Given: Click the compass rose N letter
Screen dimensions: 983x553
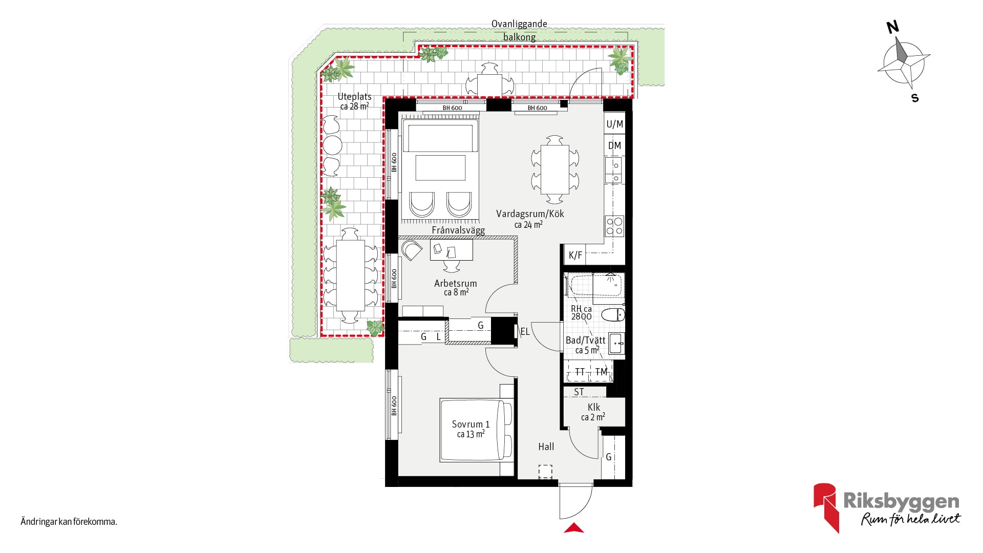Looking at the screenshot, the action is coord(893,27).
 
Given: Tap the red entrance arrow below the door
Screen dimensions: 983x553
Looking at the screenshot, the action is coord(574,528).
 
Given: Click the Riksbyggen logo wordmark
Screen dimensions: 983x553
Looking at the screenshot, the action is coord(901,501).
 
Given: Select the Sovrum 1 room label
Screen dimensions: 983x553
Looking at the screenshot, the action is coord(471,424).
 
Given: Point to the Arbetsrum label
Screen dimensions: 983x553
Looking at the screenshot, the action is coord(455,283).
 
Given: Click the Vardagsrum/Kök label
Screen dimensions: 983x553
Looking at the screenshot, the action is coord(530,214).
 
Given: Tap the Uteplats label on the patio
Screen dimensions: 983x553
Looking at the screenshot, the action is coord(354,97).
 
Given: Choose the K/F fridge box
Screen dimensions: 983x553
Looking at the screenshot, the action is coord(575,255).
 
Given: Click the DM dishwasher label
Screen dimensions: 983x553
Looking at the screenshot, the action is coord(614,145).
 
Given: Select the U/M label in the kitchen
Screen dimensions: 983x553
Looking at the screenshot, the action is coord(615,124).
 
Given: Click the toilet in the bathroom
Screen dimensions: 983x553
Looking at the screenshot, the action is coord(613,314).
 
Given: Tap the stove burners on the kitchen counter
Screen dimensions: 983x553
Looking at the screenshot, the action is coord(615,226).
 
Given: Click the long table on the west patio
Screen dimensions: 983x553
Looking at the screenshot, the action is coord(350,275).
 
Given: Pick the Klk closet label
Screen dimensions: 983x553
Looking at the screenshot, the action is coord(594,407).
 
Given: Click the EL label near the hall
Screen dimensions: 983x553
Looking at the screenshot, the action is coord(525,332).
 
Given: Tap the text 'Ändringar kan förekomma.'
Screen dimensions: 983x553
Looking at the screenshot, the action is coord(69,522).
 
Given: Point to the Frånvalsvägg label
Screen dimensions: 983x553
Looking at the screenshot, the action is coord(458,230).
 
